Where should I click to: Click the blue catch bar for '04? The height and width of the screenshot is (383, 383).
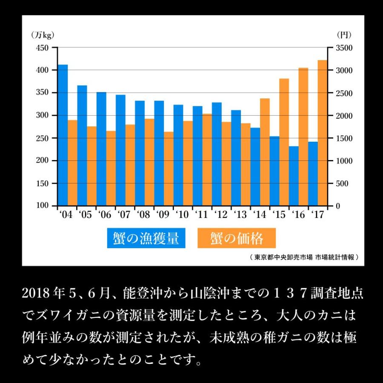tap(63, 135)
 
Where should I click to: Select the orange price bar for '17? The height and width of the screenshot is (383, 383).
tap(323, 133)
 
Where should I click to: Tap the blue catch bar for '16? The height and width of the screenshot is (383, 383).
tap(294, 176)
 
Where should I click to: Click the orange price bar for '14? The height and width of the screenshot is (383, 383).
tap(265, 152)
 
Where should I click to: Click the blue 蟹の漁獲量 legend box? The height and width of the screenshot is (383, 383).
tap(146, 238)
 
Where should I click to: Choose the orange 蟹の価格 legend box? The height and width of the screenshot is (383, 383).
tap(237, 238)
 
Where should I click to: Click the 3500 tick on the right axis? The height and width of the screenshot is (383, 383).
tap(344, 48)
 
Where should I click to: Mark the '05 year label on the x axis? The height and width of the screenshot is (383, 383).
tap(85, 214)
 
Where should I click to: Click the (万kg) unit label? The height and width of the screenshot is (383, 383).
tap(43, 35)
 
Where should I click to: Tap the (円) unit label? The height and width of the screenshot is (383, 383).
tap(344, 35)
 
